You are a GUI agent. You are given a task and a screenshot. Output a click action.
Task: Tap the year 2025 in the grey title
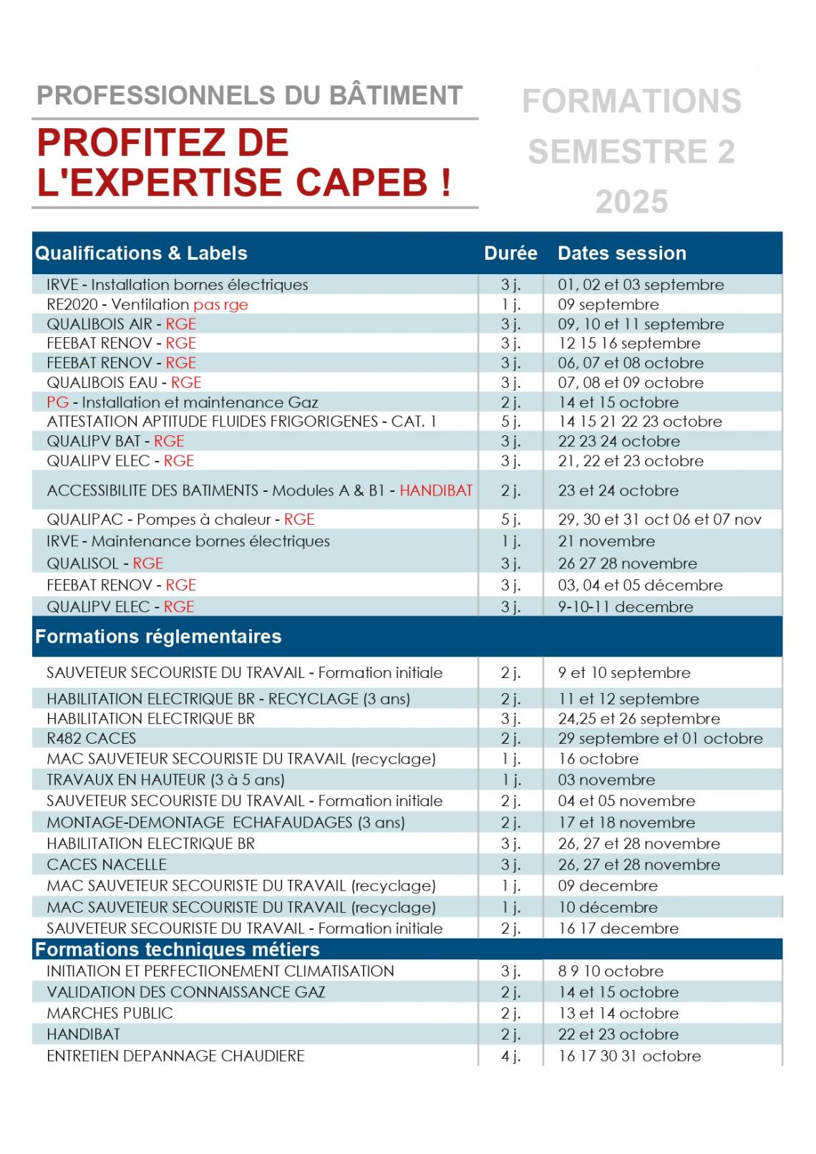[631, 202]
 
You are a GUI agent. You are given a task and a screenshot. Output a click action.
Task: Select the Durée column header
[510, 253]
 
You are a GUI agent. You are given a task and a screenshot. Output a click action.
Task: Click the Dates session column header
[621, 253]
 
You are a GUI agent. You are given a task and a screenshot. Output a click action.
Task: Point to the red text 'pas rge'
[220, 304]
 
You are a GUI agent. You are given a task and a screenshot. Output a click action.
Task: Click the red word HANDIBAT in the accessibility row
[436, 490]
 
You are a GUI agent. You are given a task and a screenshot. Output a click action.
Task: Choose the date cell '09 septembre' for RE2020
[608, 304]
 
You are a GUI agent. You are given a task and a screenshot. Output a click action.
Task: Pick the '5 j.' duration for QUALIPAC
[510, 520]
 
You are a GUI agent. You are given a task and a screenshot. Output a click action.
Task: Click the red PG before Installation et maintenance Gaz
[57, 402]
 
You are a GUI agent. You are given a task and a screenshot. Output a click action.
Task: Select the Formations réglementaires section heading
[158, 636]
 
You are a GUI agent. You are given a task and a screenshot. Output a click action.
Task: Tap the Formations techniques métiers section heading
[178, 950]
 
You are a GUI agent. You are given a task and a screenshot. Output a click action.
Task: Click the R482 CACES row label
[91, 738]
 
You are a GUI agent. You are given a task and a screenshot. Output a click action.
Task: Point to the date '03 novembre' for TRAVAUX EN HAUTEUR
[606, 780]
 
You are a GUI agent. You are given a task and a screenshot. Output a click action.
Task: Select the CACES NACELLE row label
[106, 864]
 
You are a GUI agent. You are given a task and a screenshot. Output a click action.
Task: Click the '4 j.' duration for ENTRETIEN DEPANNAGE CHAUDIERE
[510, 1056]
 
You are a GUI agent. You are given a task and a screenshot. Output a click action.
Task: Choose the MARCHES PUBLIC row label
[110, 1013]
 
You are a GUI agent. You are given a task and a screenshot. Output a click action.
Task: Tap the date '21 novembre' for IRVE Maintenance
[606, 541]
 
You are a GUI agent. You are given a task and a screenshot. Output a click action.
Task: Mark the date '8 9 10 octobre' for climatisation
[611, 971]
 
